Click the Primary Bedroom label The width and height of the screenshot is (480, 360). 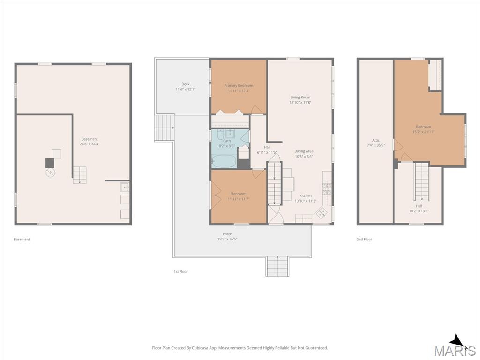pyautogui.click(x=239, y=86)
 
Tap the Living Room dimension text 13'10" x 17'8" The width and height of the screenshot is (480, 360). pyautogui.click(x=300, y=103)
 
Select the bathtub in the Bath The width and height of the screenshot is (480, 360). pyautogui.click(x=224, y=161)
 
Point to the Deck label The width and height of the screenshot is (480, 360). pyautogui.click(x=186, y=84)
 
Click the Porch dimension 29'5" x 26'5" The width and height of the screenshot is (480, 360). pyautogui.click(x=227, y=239)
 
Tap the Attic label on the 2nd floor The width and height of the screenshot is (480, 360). pyautogui.click(x=375, y=140)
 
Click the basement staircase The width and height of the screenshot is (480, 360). pyautogui.click(x=80, y=175)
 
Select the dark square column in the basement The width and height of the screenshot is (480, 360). pyautogui.click(x=50, y=163)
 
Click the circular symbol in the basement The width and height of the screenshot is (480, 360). pyautogui.click(x=50, y=173)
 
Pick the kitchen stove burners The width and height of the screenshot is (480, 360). pyautogui.click(x=327, y=189)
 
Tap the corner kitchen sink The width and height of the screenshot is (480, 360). pyautogui.click(x=321, y=212)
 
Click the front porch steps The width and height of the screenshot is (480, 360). pyautogui.click(x=277, y=266)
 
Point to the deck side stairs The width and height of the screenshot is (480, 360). pyautogui.click(x=165, y=127)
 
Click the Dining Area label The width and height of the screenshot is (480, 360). pyautogui.click(x=304, y=151)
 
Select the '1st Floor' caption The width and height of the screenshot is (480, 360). pyautogui.click(x=180, y=271)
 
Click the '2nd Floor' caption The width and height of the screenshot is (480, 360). pyautogui.click(x=364, y=240)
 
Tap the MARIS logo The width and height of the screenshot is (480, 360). pyautogui.click(x=455, y=347)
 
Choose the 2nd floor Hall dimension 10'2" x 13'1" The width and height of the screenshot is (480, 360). pyautogui.click(x=419, y=211)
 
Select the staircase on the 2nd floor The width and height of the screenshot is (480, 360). pyautogui.click(x=422, y=181)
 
